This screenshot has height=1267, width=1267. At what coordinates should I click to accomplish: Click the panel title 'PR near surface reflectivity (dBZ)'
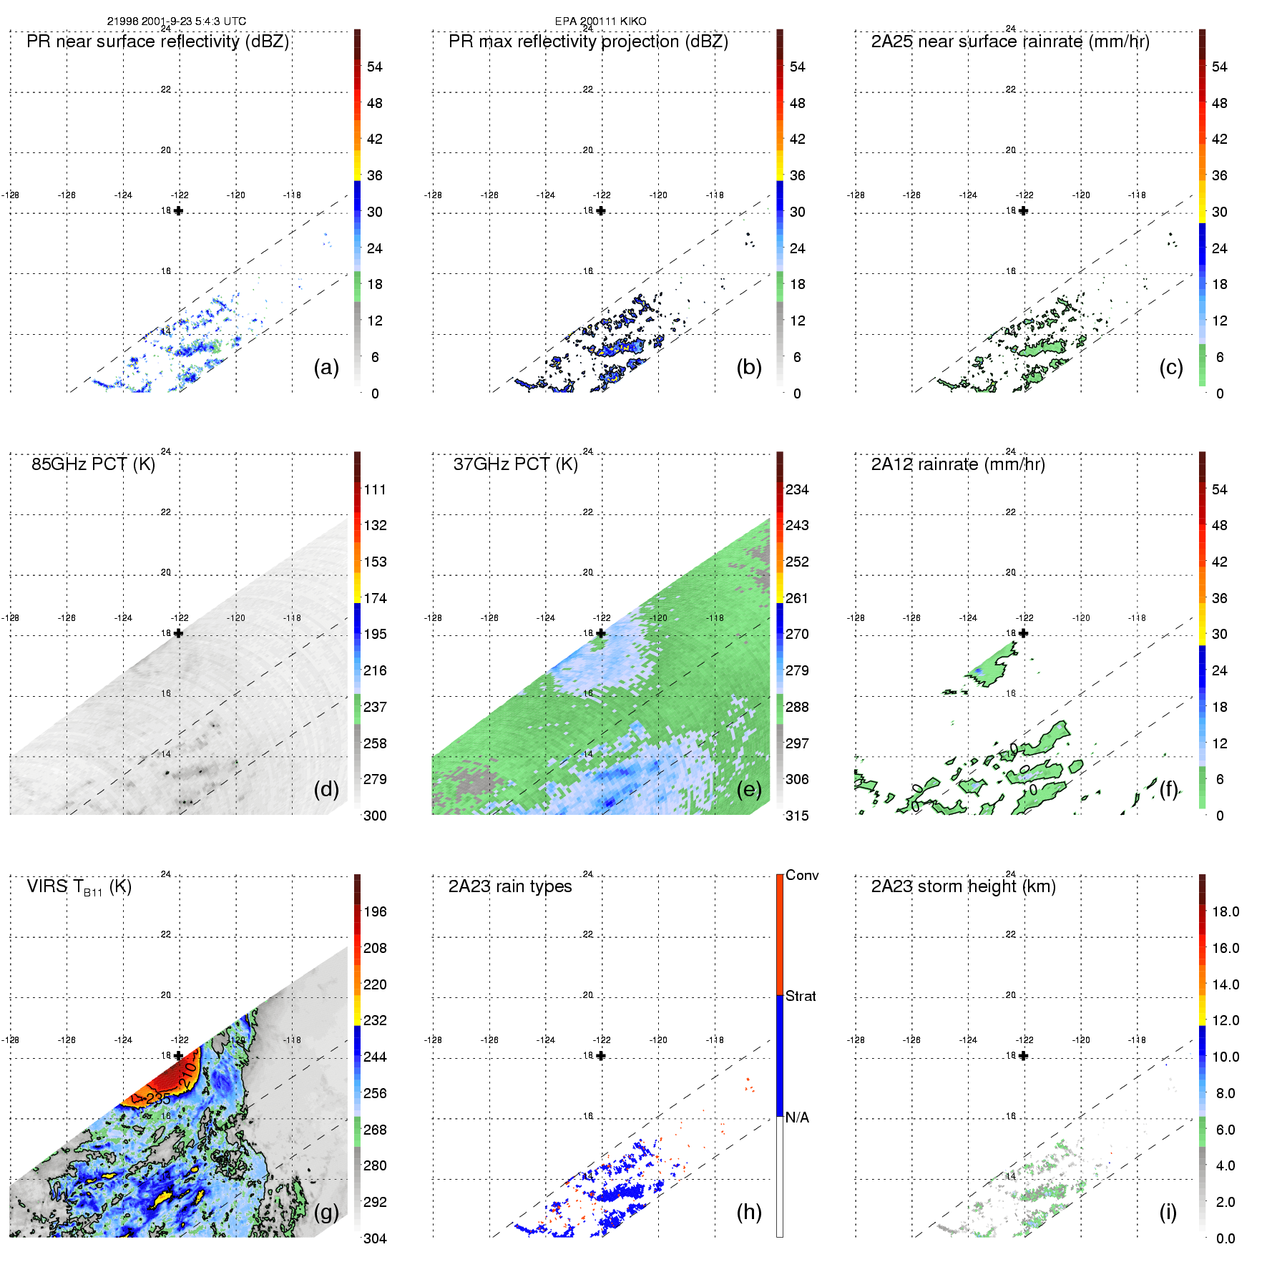(x=157, y=41)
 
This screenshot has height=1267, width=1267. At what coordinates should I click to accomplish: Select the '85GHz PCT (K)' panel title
(x=93, y=464)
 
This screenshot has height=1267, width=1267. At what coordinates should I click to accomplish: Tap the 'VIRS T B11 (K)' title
(x=79, y=887)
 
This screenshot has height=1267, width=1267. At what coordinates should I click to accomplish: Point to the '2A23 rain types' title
(x=509, y=886)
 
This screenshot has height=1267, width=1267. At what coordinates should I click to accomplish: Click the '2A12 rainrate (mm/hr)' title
(x=958, y=464)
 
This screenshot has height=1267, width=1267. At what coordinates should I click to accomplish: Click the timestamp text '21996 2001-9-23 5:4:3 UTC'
(x=176, y=21)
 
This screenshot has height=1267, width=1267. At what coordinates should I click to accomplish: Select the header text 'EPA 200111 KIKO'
(x=600, y=21)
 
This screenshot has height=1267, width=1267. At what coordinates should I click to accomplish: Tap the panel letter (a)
(x=326, y=367)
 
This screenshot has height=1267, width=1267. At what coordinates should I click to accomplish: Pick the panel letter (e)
(x=749, y=789)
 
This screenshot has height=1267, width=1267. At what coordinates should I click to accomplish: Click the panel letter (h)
(x=749, y=1212)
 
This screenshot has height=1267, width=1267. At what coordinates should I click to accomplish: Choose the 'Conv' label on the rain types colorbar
(x=802, y=875)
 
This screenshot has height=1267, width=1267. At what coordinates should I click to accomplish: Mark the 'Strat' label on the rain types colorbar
(x=801, y=996)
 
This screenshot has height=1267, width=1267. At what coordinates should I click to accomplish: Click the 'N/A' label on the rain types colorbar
(x=798, y=1117)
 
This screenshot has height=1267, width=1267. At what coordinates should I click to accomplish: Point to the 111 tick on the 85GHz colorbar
(x=375, y=489)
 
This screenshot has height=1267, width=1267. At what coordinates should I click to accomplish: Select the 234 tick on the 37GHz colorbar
(x=797, y=489)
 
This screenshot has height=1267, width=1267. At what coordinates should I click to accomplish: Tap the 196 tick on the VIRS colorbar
(x=375, y=911)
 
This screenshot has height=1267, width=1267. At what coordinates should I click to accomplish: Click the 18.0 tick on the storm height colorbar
(x=1226, y=911)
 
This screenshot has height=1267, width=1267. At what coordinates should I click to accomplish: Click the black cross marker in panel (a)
(x=178, y=210)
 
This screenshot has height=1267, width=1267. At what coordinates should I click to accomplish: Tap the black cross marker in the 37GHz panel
(x=601, y=633)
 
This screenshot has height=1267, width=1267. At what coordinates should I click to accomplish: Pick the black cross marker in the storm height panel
(x=1024, y=1056)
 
